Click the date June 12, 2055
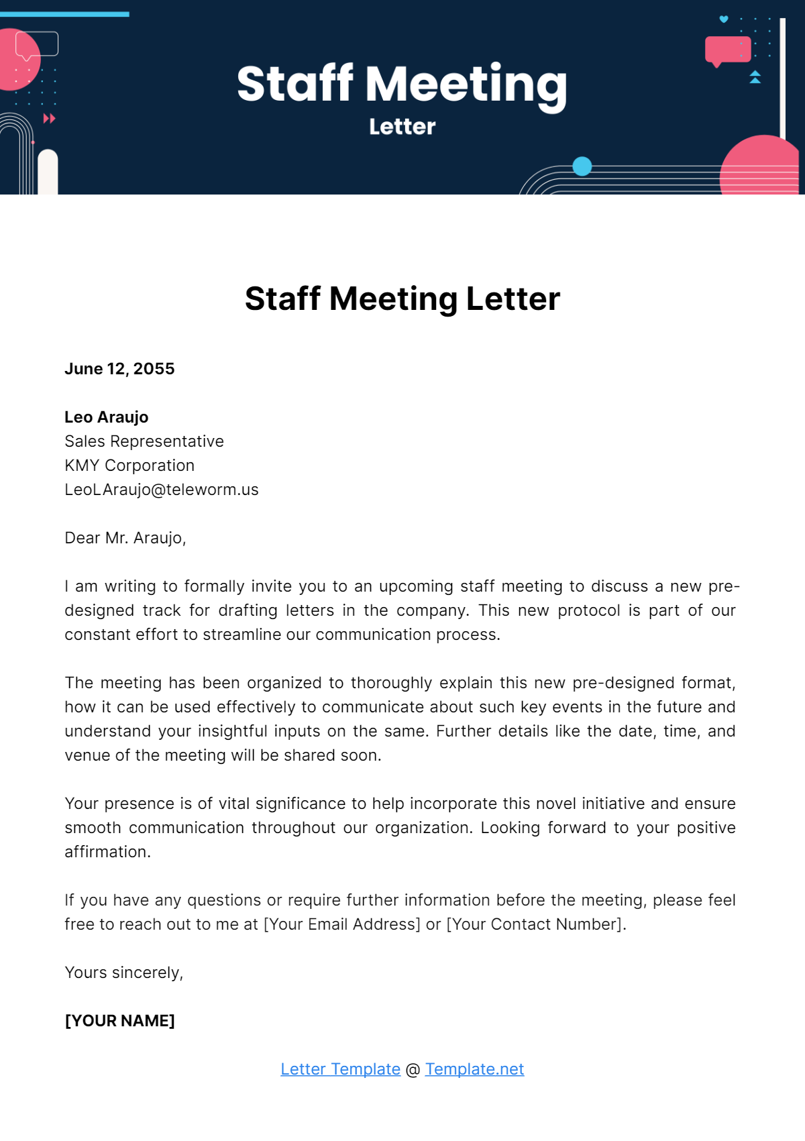click(x=119, y=369)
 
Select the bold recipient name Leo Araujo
click(x=106, y=417)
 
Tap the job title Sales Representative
click(x=144, y=441)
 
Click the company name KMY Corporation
click(x=129, y=466)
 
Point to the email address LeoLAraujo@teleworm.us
click(x=161, y=490)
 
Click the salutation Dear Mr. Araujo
click(x=125, y=538)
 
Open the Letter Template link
click(x=340, y=1069)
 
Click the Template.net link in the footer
click(x=474, y=1069)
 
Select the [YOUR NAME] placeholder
click(x=119, y=1021)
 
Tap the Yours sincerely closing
click(x=123, y=973)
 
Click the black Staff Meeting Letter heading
click(x=402, y=298)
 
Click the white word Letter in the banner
click(x=402, y=127)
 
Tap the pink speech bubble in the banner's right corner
click(x=727, y=50)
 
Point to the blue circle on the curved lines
click(x=582, y=166)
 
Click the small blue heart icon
click(x=724, y=19)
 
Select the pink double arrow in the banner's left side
click(x=49, y=119)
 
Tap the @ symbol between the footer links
click(x=413, y=1070)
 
